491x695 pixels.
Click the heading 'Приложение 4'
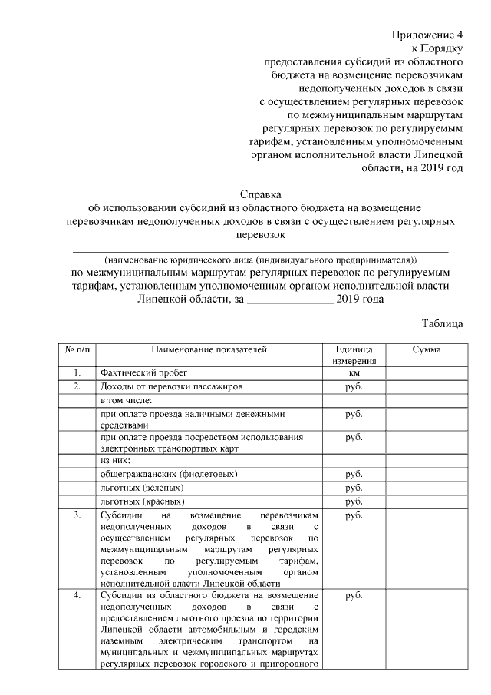428,35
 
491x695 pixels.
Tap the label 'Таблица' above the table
443,323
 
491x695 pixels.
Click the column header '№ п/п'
75,350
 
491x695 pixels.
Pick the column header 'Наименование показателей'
209,350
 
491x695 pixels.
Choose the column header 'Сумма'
426,350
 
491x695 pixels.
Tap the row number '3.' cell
75,515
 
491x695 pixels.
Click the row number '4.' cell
75,596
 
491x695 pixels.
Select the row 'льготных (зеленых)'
141,488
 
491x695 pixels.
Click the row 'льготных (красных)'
142,501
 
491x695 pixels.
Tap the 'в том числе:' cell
127,400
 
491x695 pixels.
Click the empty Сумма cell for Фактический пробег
426,373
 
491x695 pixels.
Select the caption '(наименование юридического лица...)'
262,259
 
